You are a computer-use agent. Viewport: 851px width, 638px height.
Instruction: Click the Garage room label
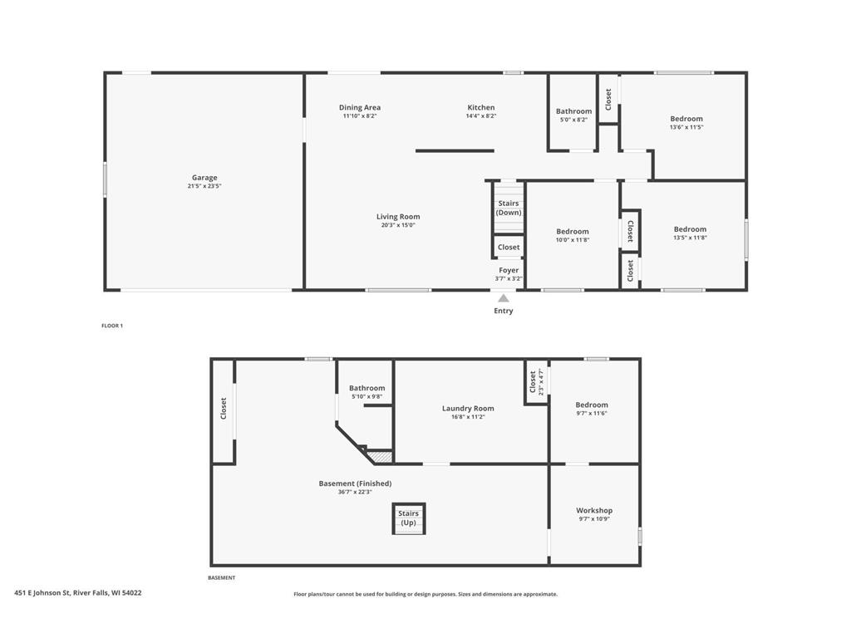pos(204,178)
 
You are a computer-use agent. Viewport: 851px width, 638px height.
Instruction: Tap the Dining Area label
pos(360,107)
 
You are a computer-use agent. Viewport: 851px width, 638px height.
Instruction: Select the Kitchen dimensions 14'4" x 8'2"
pos(480,116)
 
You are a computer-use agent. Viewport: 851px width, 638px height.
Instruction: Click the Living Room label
pos(398,217)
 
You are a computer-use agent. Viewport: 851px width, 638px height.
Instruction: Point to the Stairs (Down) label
pos(509,208)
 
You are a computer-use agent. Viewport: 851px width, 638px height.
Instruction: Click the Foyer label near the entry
pos(509,270)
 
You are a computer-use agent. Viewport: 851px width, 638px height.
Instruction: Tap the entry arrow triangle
pos(504,299)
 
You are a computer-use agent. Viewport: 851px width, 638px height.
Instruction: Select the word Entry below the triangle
pos(504,311)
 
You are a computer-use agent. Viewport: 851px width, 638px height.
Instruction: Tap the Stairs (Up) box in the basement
pos(409,518)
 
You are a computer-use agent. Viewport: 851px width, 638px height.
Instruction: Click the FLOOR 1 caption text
pos(112,326)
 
